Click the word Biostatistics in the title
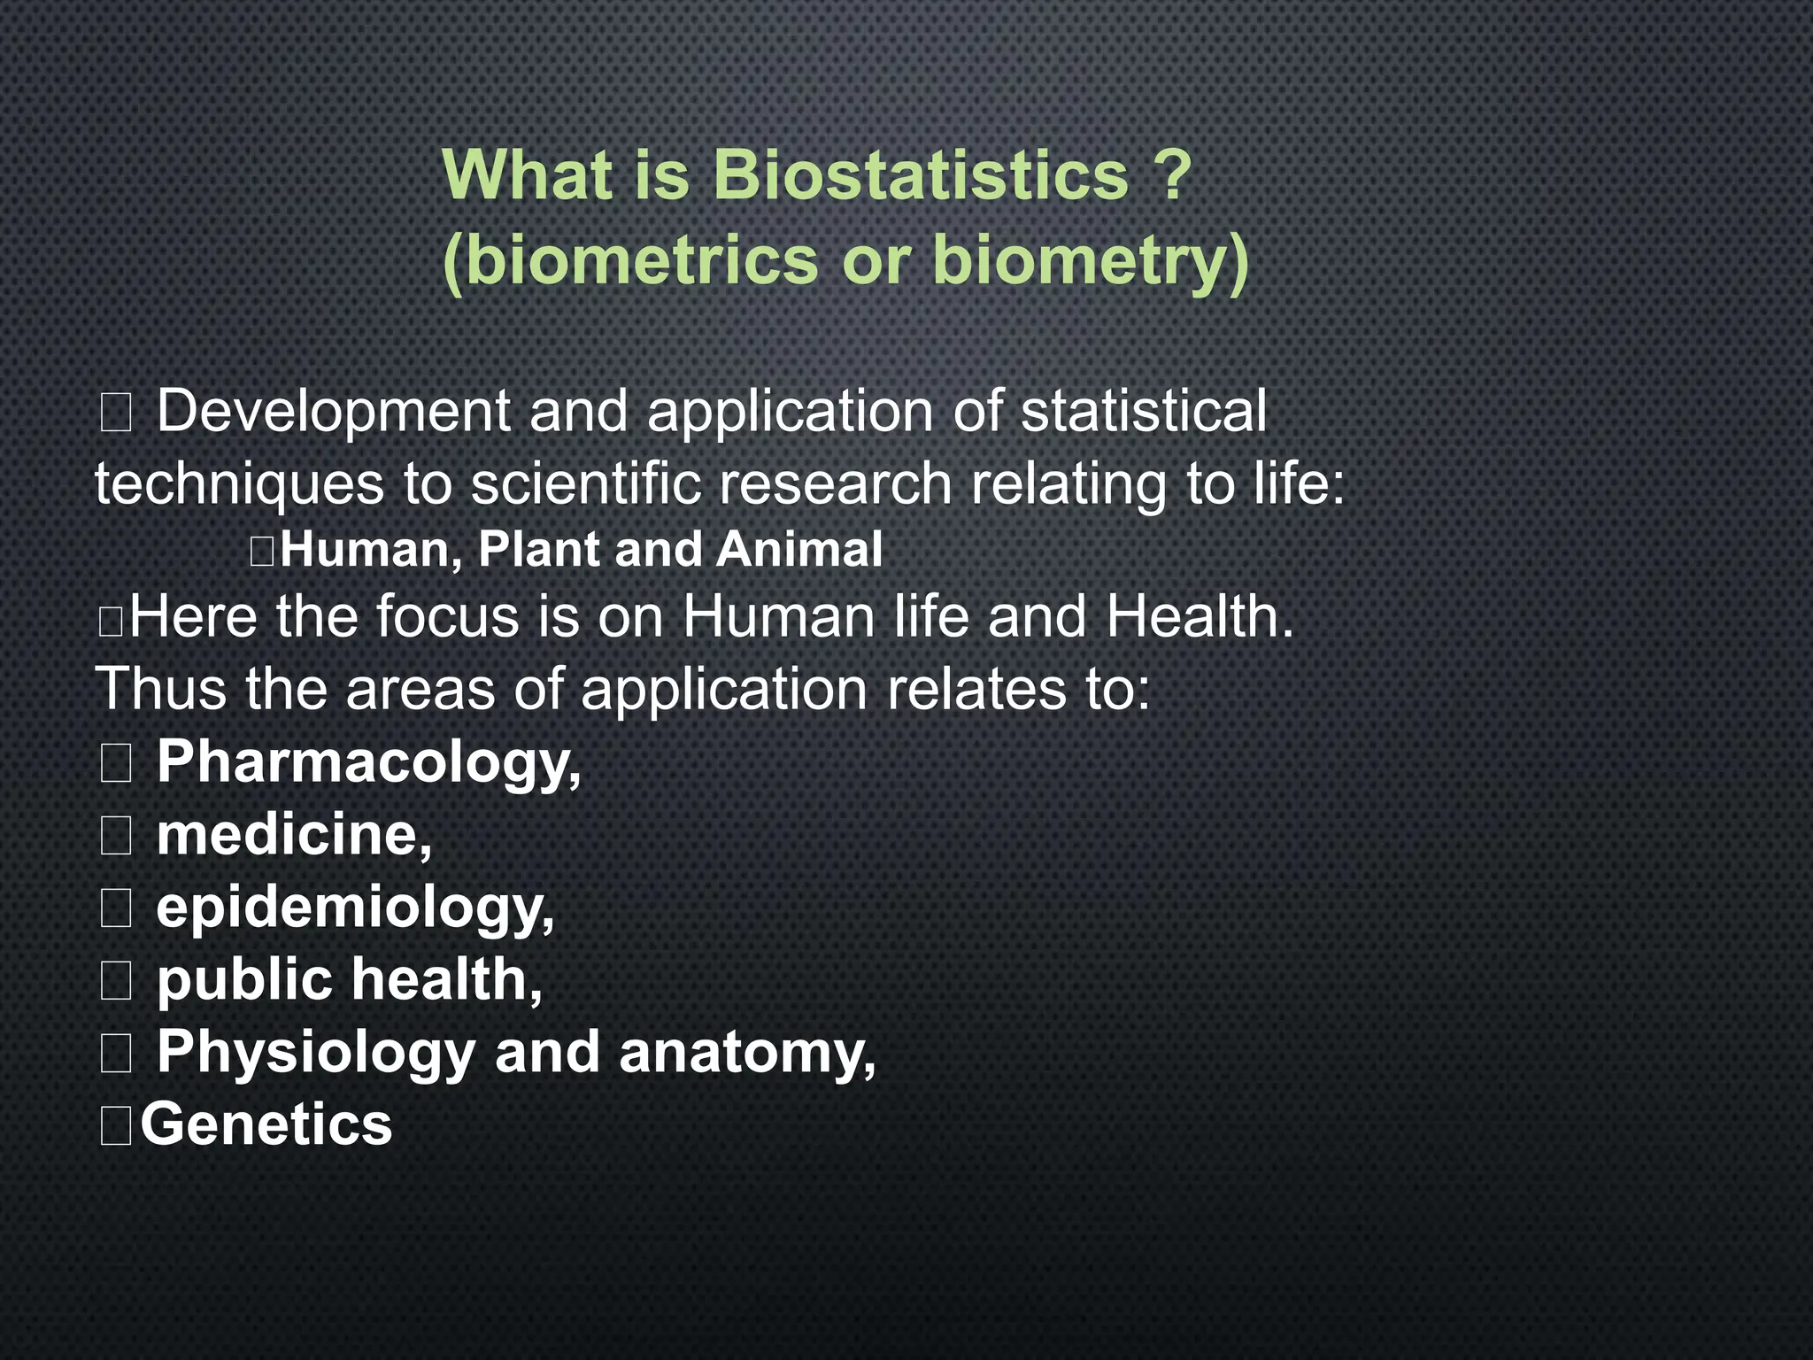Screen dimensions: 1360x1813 point(921,174)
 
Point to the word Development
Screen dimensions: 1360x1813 point(334,413)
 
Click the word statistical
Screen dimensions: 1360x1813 point(1144,411)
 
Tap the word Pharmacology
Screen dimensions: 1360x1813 point(368,761)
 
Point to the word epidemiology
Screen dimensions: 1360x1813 point(355,908)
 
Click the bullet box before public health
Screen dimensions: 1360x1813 point(116,981)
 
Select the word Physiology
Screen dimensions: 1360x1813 point(316,1054)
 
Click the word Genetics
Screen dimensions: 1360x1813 point(266,1124)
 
